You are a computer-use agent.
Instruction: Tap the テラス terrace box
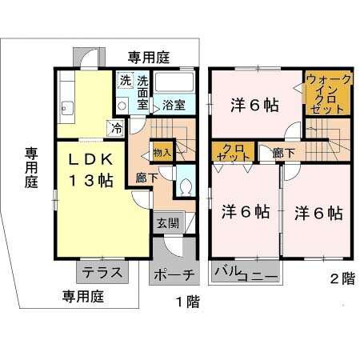pos(101,272)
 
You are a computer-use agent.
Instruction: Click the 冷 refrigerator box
pos(117,126)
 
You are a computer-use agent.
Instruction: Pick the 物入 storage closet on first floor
pos(162,152)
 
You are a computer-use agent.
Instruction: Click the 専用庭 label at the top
pos(150,57)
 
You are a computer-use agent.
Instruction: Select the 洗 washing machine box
pos(125,80)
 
